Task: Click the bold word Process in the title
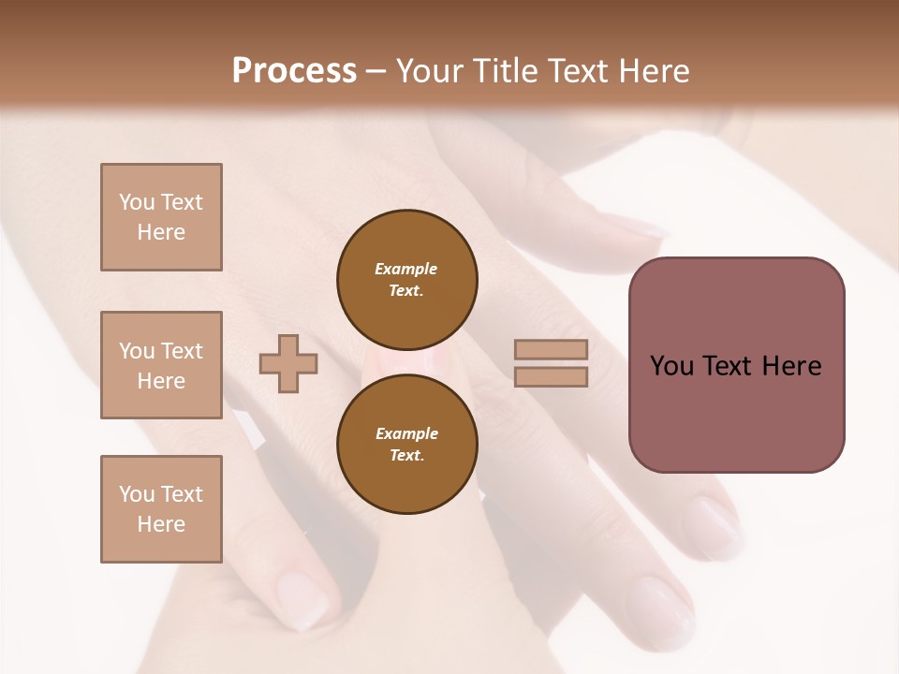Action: coord(294,71)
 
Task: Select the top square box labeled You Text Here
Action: coord(161,217)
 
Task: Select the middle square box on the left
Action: coord(161,365)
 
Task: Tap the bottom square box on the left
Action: coord(161,508)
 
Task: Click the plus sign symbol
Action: coord(288,363)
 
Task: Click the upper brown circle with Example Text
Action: coord(406,279)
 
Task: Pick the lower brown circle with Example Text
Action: coord(406,444)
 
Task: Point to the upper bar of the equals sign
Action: coord(551,350)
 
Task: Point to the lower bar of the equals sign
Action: coord(551,377)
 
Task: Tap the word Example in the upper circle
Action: coord(406,269)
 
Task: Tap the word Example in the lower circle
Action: coord(406,433)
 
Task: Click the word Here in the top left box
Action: coord(161,232)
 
